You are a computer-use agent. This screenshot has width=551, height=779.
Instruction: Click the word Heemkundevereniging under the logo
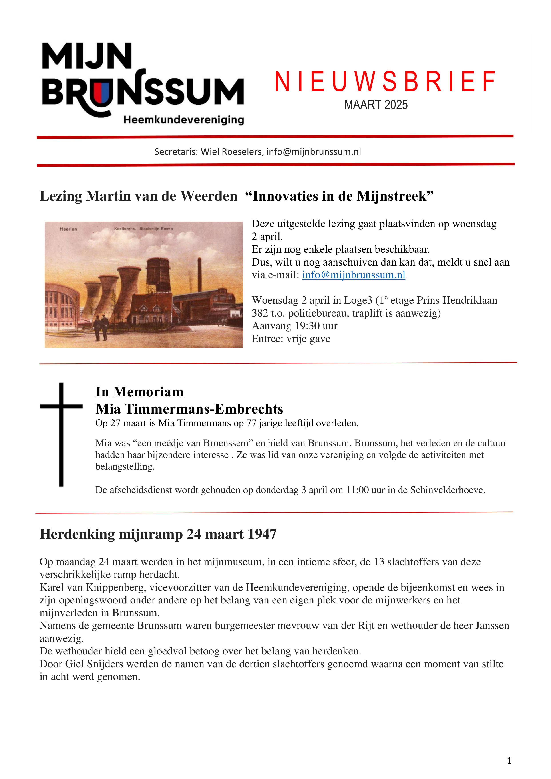pos(184,120)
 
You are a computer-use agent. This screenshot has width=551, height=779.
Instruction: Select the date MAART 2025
pos(376,105)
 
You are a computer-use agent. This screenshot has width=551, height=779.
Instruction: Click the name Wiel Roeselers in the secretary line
pos(231,152)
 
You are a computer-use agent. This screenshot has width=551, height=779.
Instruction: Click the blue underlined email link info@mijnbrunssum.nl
pos(353,275)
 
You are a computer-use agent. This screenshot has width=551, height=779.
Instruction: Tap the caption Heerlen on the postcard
pos(68,229)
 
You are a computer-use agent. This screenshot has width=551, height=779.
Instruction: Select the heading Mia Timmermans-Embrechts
pos(189,409)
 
